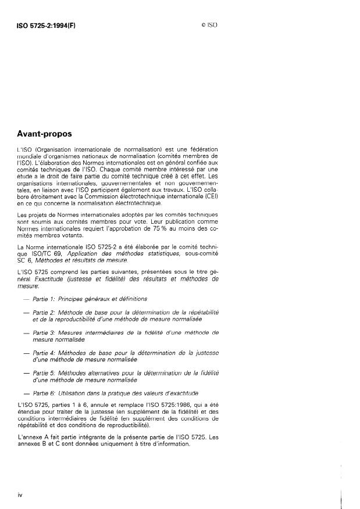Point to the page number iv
pos(20,494)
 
